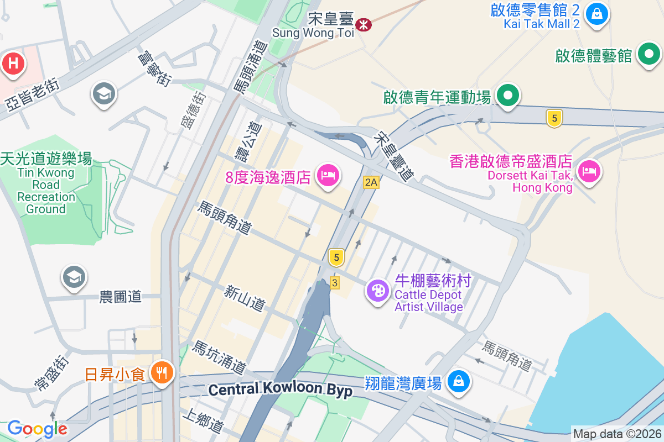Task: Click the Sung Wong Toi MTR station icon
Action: (x=364, y=25)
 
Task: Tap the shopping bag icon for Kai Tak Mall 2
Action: (x=597, y=13)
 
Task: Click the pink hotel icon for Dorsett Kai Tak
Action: (x=589, y=171)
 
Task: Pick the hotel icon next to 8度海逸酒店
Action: (x=328, y=176)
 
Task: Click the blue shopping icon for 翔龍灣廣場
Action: (x=459, y=381)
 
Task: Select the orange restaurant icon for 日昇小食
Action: (x=162, y=372)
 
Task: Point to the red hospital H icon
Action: (x=13, y=64)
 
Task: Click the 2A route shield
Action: (x=371, y=182)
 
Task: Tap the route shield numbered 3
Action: (x=334, y=282)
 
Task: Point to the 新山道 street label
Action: (x=245, y=298)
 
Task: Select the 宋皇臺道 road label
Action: (x=393, y=157)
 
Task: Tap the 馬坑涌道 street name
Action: (x=219, y=356)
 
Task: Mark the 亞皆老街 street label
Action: (x=32, y=96)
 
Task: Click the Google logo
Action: (x=37, y=428)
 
